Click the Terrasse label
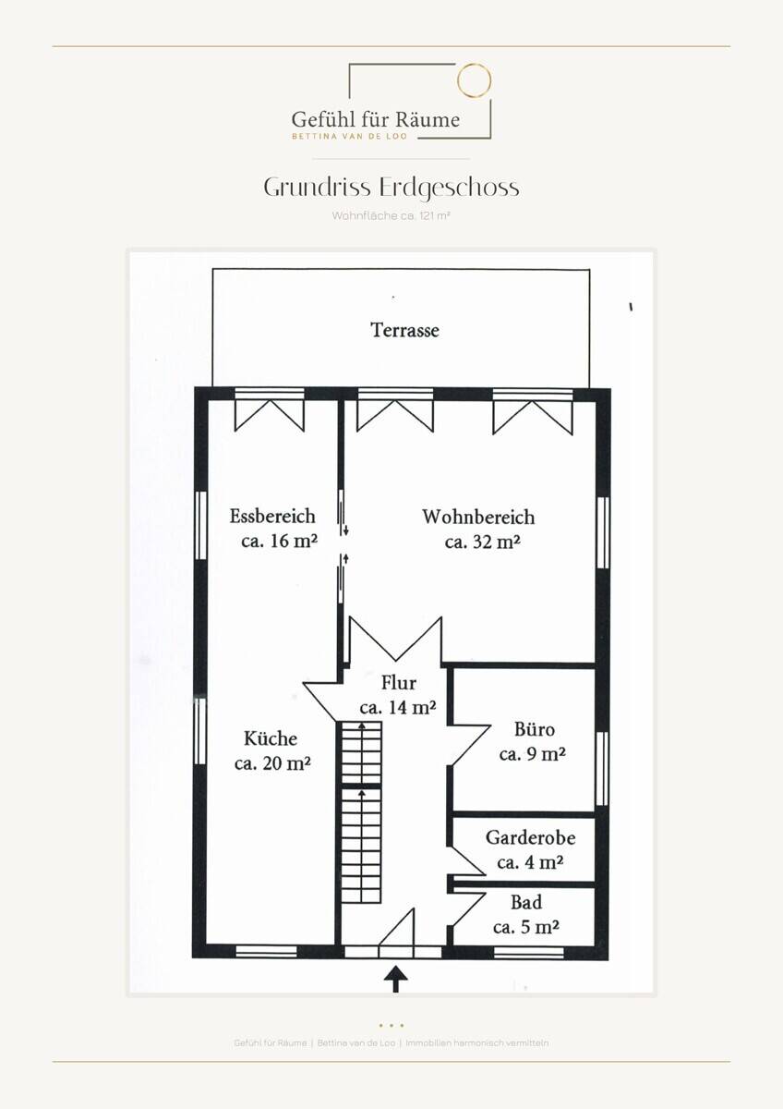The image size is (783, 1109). [x=404, y=330]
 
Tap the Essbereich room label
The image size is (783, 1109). [x=272, y=516]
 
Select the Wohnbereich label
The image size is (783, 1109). [x=478, y=517]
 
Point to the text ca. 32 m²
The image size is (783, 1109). [x=482, y=542]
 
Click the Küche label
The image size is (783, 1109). [x=271, y=738]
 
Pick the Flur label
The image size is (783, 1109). [x=398, y=683]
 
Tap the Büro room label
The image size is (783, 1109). [x=535, y=729]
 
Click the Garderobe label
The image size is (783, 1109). [x=530, y=837]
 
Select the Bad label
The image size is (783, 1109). [x=526, y=902]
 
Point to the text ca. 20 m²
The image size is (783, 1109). [x=272, y=763]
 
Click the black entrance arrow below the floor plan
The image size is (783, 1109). [x=396, y=979]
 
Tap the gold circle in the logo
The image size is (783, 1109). [x=474, y=79]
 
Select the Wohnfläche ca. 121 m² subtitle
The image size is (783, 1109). [x=391, y=216]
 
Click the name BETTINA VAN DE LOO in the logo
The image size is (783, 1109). [x=350, y=136]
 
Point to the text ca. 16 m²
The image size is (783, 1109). [x=279, y=541]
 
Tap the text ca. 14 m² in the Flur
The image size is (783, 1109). [x=398, y=708]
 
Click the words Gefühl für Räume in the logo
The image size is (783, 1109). [x=376, y=119]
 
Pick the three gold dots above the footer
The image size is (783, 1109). [x=391, y=1025]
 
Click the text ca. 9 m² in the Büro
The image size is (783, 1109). [x=532, y=754]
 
